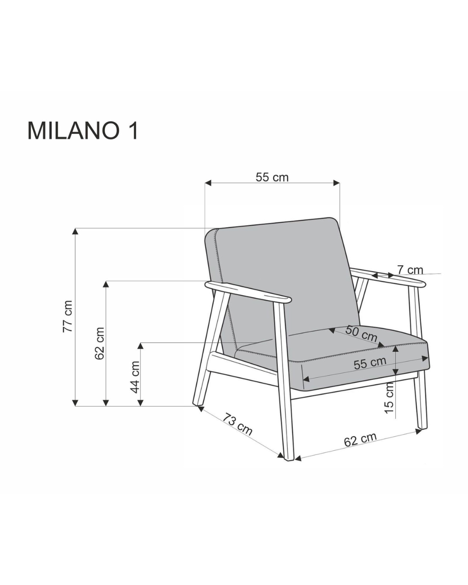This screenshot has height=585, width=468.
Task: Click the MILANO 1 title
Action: (x=83, y=131)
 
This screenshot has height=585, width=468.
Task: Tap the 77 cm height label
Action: (x=68, y=316)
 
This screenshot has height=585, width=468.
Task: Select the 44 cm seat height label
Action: (x=135, y=377)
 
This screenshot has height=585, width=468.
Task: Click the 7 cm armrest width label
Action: (x=410, y=270)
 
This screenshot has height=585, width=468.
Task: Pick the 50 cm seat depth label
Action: (x=361, y=334)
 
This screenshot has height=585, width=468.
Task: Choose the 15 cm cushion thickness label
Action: (x=389, y=398)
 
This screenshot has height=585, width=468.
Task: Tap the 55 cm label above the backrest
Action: (x=272, y=178)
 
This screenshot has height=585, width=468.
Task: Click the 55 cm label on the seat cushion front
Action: (x=370, y=363)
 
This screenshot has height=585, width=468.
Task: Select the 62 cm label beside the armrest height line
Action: (x=100, y=343)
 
